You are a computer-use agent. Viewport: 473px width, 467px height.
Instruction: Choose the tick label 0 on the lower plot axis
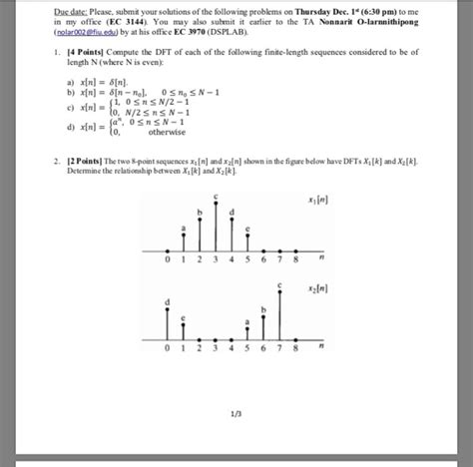point(169,350)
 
